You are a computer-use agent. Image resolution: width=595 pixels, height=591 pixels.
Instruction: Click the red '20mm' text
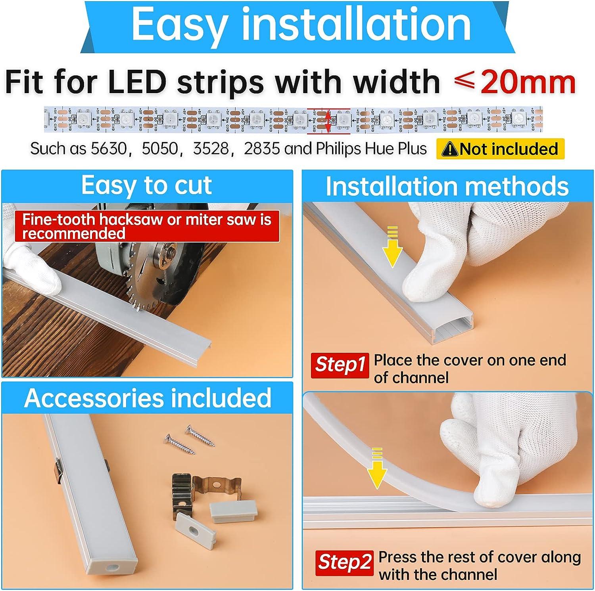point(528,82)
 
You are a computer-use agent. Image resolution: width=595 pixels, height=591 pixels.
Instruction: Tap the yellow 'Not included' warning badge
point(500,149)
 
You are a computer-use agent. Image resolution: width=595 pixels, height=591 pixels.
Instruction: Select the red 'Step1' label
point(340,365)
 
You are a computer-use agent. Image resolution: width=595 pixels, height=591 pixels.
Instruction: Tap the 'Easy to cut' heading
point(146,185)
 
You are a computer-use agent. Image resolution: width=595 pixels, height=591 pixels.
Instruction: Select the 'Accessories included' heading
point(148,398)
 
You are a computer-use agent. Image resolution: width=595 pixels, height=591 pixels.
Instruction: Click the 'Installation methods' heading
point(447,186)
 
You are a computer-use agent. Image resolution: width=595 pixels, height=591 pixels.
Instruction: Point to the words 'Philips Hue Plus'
point(371,149)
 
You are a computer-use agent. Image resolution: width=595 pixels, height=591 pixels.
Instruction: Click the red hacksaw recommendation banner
point(147,226)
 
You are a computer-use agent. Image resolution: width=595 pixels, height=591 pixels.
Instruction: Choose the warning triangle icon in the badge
point(449,149)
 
